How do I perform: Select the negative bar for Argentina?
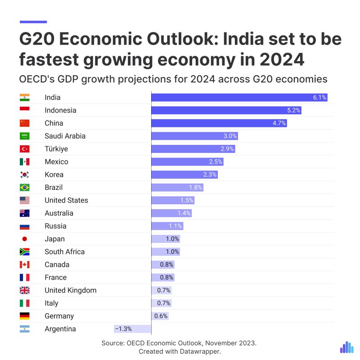[x=132, y=329]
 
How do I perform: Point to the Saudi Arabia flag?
[x=25, y=136]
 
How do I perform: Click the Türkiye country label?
[x=56, y=149]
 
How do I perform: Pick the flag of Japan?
[x=25, y=239]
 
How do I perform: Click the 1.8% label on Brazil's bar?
[x=195, y=188]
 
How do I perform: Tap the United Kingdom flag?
[x=25, y=290]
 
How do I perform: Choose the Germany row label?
[x=59, y=316]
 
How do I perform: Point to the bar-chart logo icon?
[x=346, y=347]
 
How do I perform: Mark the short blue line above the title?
[x=33, y=21]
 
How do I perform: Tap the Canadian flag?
[x=25, y=265]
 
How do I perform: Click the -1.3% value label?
[x=123, y=329]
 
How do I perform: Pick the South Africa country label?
[x=64, y=252]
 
